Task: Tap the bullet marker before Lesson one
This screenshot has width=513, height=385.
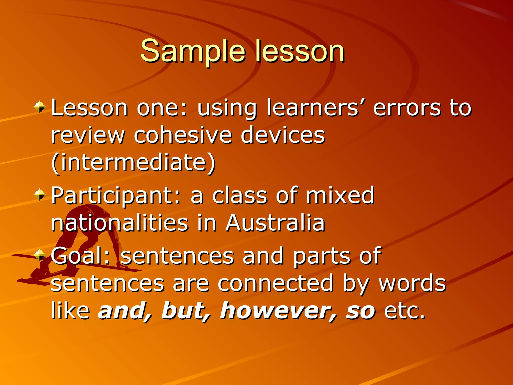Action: tap(40, 107)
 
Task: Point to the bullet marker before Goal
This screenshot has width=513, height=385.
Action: tap(40, 255)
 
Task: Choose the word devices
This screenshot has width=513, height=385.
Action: tap(283, 135)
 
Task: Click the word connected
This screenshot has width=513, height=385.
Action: tap(276, 283)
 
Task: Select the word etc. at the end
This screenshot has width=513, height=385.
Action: tap(405, 311)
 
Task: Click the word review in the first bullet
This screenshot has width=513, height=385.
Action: tap(88, 135)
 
